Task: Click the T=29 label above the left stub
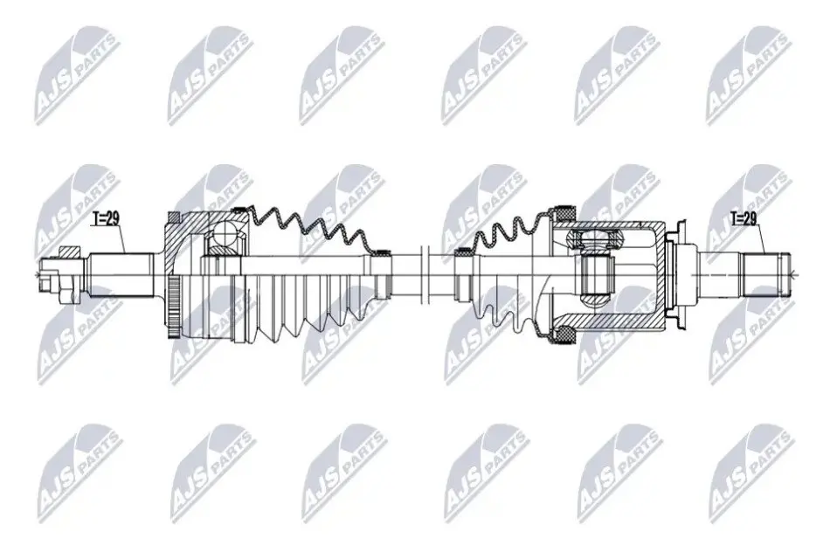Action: coord(106,218)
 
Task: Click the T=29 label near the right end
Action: coord(744,218)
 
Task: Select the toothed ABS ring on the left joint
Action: coord(173,306)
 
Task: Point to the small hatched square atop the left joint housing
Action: coord(174,217)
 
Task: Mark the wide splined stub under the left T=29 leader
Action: coord(121,274)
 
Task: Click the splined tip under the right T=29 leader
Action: coord(764,274)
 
